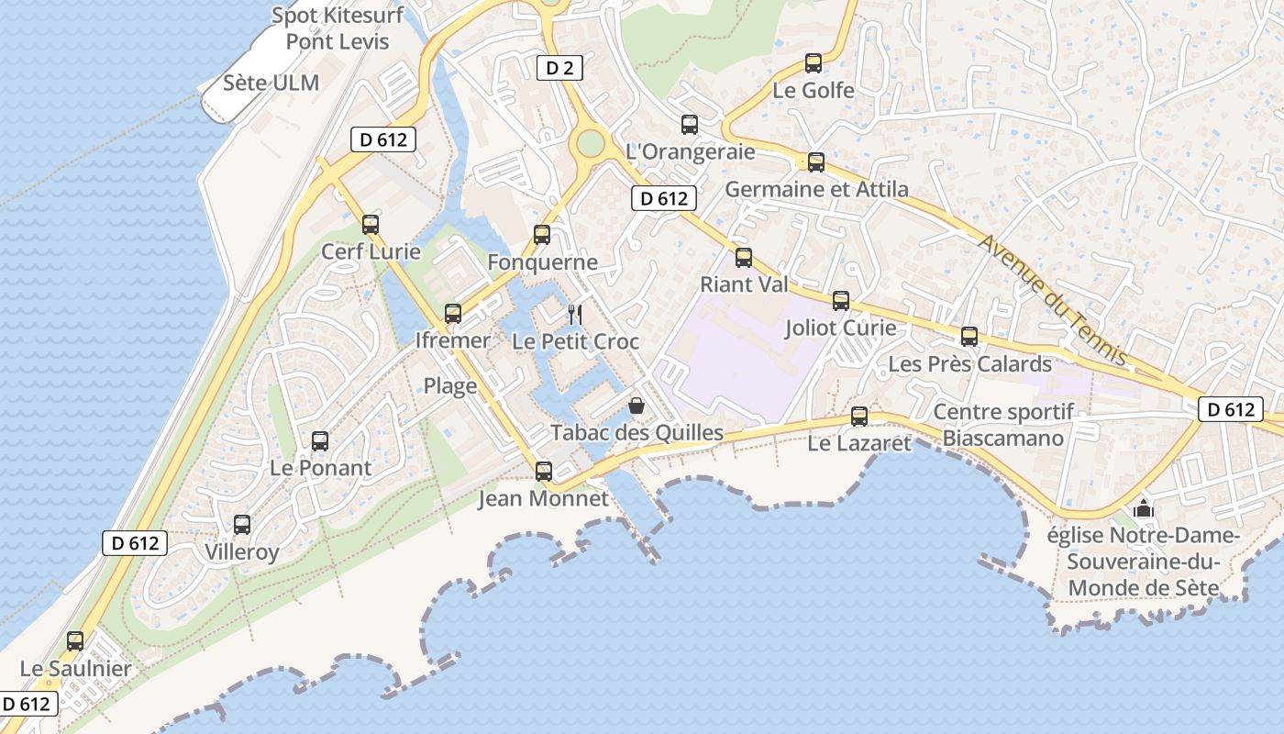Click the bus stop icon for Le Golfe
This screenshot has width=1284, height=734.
pyautogui.click(x=813, y=63)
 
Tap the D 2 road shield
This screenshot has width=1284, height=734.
pyautogui.click(x=559, y=67)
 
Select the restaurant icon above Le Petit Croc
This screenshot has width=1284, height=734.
pyautogui.click(x=575, y=315)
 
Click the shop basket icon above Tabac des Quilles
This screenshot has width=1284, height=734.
pyautogui.click(x=636, y=405)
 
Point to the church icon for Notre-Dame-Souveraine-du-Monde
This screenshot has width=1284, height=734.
pyautogui.click(x=1144, y=507)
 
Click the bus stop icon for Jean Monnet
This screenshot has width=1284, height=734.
pyautogui.click(x=544, y=472)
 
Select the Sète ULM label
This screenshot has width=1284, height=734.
pyautogui.click(x=271, y=83)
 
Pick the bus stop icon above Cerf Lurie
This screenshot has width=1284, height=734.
pyautogui.click(x=371, y=225)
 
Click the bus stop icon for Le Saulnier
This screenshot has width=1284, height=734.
pyautogui.click(x=75, y=641)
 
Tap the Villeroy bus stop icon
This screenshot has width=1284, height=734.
pyautogui.click(x=242, y=525)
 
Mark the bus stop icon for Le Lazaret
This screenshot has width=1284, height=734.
pyautogui.click(x=859, y=417)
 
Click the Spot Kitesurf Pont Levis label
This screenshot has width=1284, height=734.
pyautogui.click(x=330, y=28)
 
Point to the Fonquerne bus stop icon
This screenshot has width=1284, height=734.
pyautogui.click(x=542, y=235)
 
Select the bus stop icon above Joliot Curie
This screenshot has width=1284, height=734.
pyautogui.click(x=841, y=301)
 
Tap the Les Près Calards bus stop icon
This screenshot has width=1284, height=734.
pyautogui.click(x=969, y=337)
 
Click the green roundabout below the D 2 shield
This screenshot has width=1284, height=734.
pyautogui.click(x=591, y=143)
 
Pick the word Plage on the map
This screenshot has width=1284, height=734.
pyautogui.click(x=450, y=386)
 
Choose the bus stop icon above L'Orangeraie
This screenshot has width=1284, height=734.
pyautogui.click(x=690, y=125)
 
